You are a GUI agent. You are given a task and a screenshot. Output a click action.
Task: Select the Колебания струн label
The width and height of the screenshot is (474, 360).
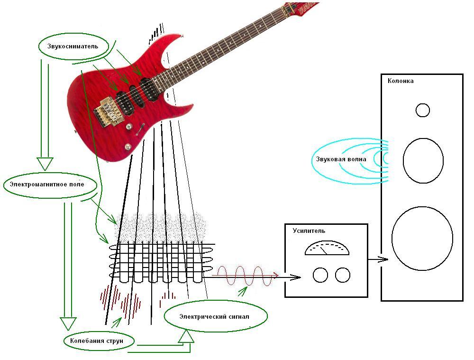tap(99, 341)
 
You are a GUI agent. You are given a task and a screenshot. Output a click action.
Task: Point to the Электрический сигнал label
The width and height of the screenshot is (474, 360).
tap(214, 316)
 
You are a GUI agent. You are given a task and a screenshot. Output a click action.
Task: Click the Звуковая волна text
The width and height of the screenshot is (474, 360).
tap(341, 159)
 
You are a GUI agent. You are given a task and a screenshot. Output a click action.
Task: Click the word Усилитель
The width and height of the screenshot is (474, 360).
tap(309, 231)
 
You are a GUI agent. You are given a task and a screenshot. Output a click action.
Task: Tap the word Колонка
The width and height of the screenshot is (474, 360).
tap(401, 81)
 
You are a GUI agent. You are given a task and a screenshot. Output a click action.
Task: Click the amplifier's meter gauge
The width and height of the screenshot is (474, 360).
tap(327, 249)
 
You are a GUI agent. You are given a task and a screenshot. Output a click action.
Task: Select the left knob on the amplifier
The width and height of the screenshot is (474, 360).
tap(320, 275)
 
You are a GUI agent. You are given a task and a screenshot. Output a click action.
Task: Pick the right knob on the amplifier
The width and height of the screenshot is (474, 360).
tap(342, 275)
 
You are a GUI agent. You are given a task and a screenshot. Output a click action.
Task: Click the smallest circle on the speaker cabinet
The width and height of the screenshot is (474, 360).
tap(422, 111)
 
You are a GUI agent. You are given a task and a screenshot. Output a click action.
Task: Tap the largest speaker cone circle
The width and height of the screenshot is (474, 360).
tap(422, 238)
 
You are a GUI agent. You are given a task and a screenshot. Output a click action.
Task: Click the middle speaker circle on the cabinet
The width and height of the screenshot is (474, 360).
tap(423, 161)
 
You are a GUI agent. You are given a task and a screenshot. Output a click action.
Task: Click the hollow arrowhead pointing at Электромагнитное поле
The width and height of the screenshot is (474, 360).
tap(45, 164)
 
